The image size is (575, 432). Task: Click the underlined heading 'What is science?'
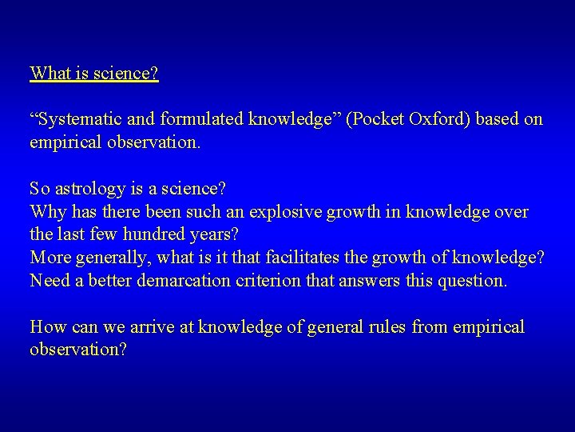click(x=94, y=74)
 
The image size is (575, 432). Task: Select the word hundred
click(x=145, y=236)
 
